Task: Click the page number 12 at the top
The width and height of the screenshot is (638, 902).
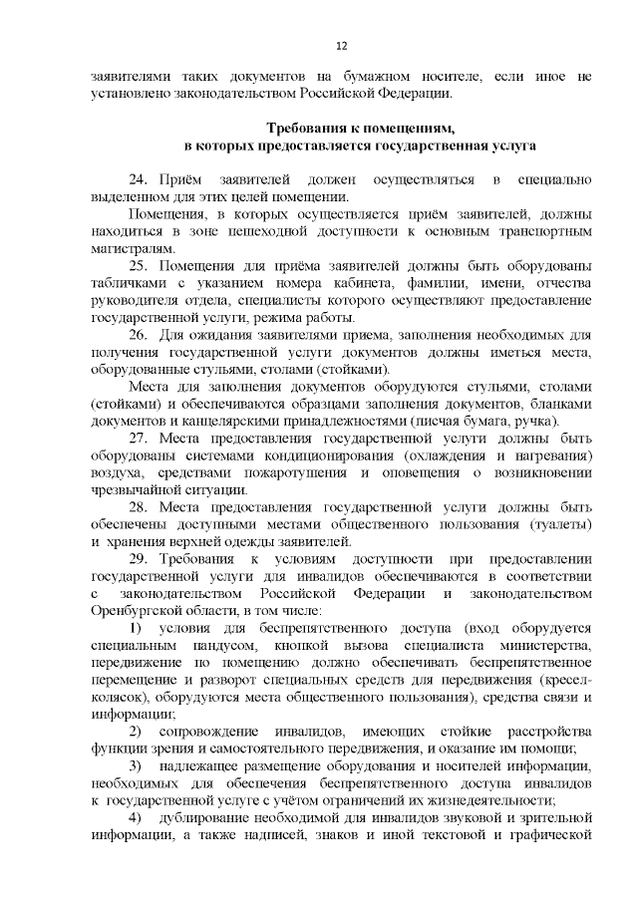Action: (x=341, y=46)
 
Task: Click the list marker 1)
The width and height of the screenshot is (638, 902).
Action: (x=137, y=628)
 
